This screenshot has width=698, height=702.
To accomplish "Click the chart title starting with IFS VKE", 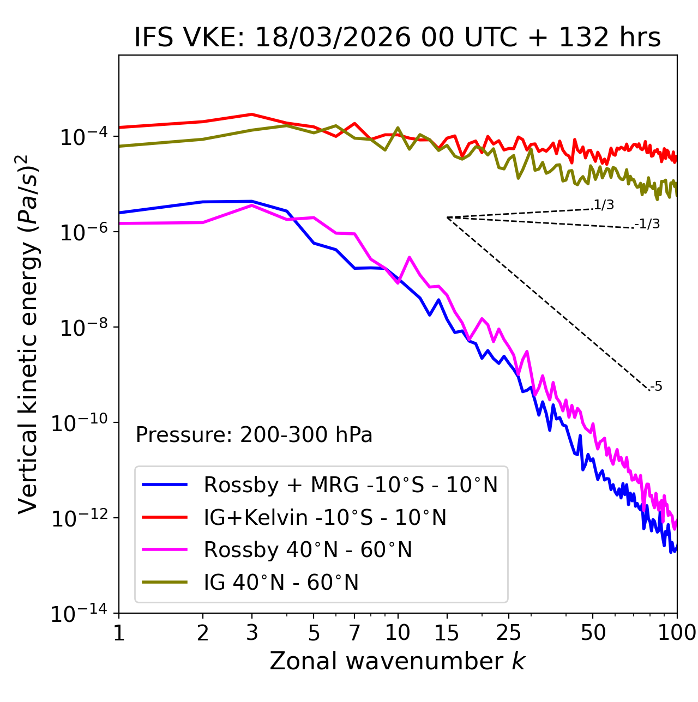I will click(397, 38).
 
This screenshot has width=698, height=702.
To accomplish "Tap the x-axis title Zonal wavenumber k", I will click(397, 661).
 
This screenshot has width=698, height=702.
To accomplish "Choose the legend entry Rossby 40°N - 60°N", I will click(308, 550).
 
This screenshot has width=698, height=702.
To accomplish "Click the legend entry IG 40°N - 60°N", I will click(281, 583).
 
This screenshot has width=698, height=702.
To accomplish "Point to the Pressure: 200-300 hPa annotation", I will click(254, 435).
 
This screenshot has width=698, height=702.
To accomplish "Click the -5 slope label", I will click(656, 386).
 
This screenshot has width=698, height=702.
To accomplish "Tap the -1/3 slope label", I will click(648, 224).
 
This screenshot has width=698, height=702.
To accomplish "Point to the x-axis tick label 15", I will click(447, 633).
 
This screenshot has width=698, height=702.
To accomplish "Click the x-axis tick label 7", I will click(354, 633).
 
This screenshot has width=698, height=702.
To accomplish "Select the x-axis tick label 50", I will click(593, 633).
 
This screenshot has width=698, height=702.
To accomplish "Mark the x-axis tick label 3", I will click(252, 633).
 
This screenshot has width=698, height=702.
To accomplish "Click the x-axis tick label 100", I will click(676, 633).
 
